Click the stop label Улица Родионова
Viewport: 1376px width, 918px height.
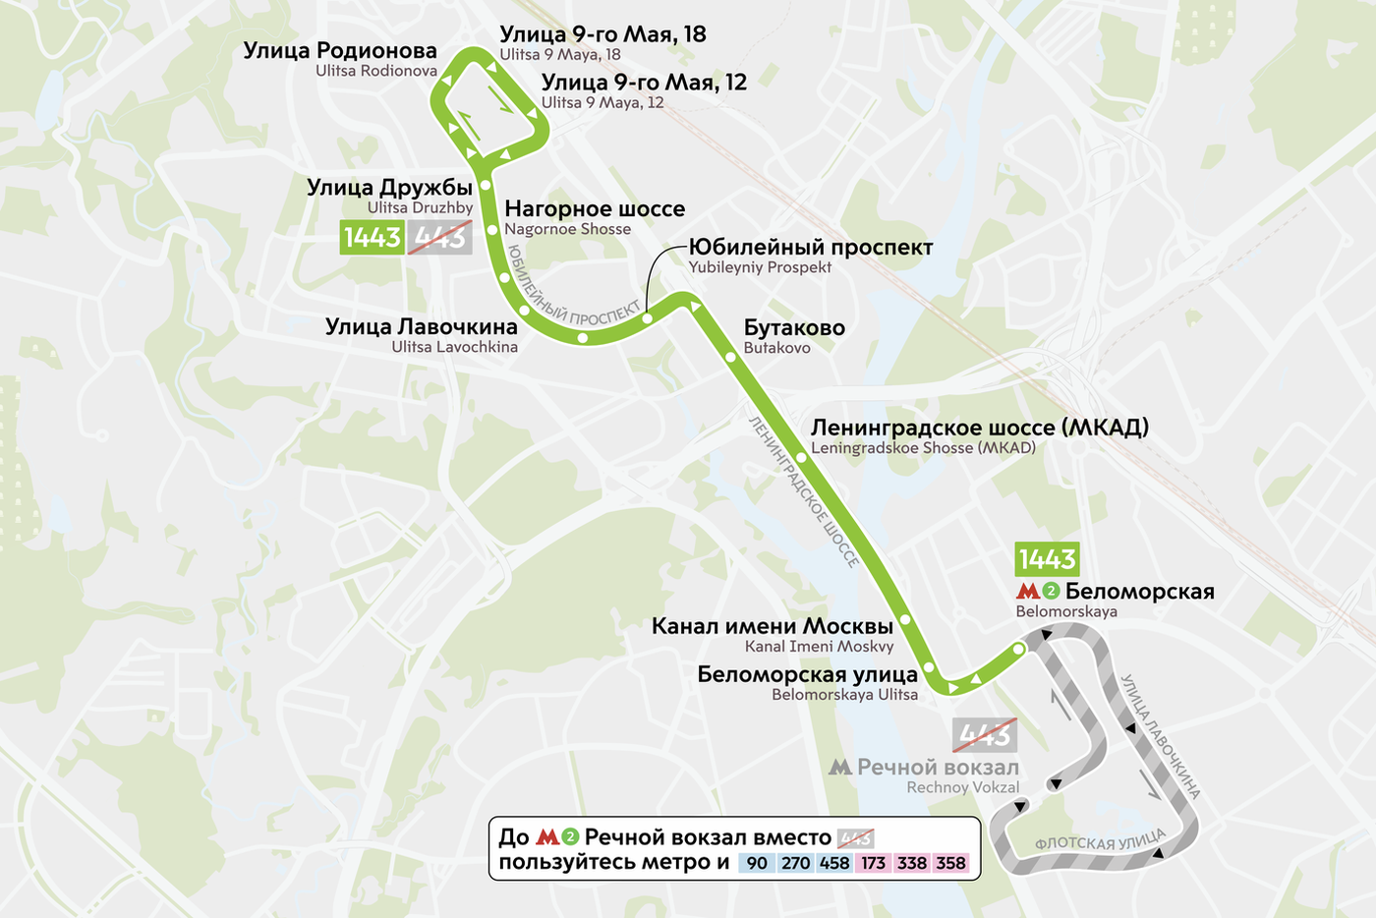point(340,50)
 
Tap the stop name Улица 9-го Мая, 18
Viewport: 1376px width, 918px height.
point(602,34)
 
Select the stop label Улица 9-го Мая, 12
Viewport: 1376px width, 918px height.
point(644,83)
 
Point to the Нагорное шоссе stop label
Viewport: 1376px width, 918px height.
point(595,208)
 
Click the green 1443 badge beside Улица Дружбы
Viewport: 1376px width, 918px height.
point(372,238)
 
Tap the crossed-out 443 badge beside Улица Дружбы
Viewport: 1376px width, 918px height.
point(439,238)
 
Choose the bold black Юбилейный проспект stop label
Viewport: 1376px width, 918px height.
point(810,248)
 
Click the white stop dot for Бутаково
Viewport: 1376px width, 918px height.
point(730,358)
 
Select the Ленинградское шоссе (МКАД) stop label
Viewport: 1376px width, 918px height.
point(979,428)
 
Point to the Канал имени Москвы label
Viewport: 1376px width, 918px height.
point(772,626)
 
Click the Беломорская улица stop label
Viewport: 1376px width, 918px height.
point(807,674)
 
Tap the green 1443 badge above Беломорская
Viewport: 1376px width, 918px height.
point(1047,559)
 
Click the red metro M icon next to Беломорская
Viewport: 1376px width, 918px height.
point(1027,592)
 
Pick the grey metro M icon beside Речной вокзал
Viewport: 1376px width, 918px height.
point(839,768)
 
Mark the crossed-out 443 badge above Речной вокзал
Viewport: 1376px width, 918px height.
point(984,734)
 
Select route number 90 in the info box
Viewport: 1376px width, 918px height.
point(756,863)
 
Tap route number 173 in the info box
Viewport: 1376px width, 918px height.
point(873,863)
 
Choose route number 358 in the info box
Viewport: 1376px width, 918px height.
point(950,863)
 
